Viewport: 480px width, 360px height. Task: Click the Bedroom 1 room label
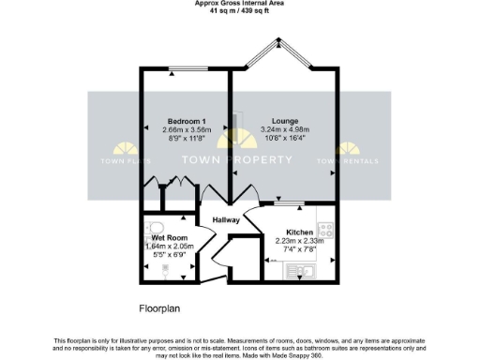click(x=187, y=122)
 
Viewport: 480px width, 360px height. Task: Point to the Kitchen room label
click(x=299, y=232)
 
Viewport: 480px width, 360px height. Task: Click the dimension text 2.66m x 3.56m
click(x=187, y=130)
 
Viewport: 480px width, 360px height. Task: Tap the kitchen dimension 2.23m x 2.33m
click(x=299, y=240)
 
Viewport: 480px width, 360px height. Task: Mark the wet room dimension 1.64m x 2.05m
click(x=171, y=246)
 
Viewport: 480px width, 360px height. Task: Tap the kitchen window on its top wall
click(x=291, y=204)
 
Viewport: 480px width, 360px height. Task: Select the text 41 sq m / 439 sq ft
click(x=239, y=11)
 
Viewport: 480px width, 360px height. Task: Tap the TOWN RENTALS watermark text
click(x=352, y=161)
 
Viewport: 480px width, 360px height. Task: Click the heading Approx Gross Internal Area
click(x=239, y=4)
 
